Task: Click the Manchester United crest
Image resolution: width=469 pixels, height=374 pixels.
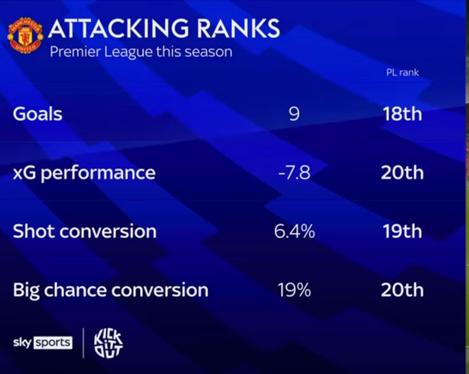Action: [x=25, y=36]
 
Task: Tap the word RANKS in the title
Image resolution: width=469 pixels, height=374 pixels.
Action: [x=238, y=29]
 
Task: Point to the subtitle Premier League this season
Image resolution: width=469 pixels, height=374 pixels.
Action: [x=141, y=52]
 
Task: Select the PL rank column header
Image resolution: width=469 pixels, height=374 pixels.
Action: [x=402, y=73]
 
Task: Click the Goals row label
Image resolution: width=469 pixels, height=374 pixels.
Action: [x=38, y=114]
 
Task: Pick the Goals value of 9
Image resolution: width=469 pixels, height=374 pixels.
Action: [x=294, y=114]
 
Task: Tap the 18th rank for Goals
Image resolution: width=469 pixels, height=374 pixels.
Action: [x=402, y=114]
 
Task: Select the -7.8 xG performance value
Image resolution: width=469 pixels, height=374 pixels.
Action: [x=294, y=173]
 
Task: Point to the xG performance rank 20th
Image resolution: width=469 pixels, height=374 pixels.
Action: [x=402, y=172]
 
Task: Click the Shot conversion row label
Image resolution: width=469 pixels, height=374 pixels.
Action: [x=85, y=231]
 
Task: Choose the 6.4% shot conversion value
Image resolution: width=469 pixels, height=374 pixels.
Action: [x=295, y=231]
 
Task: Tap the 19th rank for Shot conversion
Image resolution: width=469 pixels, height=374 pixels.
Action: [x=402, y=231]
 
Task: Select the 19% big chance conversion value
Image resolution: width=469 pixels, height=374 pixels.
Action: [x=294, y=290]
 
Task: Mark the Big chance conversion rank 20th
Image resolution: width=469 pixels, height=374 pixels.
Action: [x=402, y=290]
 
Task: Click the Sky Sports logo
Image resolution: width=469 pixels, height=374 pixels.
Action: [x=43, y=343]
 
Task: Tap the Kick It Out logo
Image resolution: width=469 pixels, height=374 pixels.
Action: [x=108, y=343]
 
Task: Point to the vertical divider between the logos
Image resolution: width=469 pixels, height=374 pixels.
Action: [x=83, y=343]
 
